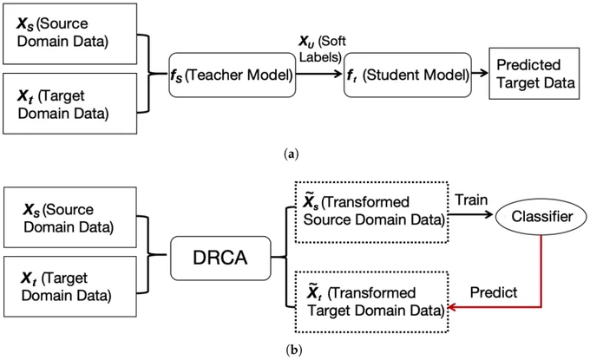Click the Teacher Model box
pyautogui.click(x=233, y=75)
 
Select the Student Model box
pyautogui.click(x=408, y=75)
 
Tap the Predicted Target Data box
pyautogui.click(x=534, y=74)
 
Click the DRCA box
pyautogui.click(x=220, y=258)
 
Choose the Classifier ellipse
pyautogui.click(x=541, y=217)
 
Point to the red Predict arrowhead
pyautogui.click(x=451, y=307)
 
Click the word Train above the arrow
pyautogui.click(x=471, y=200)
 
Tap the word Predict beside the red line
pyautogui.click(x=494, y=292)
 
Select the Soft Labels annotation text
pyautogui.click(x=323, y=49)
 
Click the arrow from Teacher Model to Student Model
pyautogui.click(x=318, y=74)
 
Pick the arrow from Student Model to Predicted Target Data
pyautogui.click(x=480, y=74)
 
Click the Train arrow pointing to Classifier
pyautogui.click(x=470, y=214)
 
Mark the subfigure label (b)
pyautogui.click(x=294, y=350)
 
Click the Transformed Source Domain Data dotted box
pyautogui.click(x=371, y=213)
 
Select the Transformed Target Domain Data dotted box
pyautogui.click(x=371, y=302)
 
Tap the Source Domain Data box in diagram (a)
pyautogui.click(x=70, y=34)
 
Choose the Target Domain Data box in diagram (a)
pyautogui.click(x=70, y=103)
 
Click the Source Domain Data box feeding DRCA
pyautogui.click(x=70, y=218)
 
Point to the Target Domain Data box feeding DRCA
pyautogui.click(x=70, y=286)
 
